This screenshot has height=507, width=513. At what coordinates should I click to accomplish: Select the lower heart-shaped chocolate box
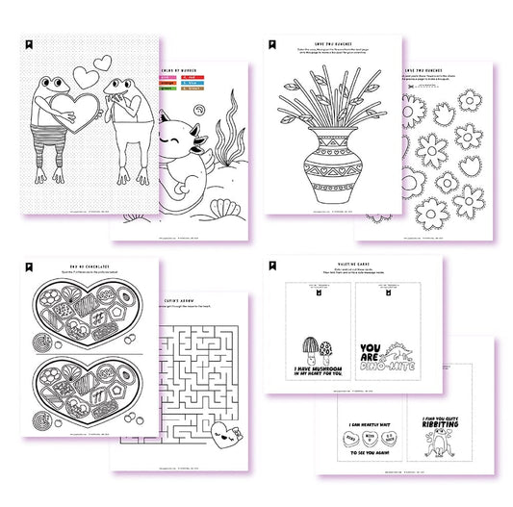[75, 393]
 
